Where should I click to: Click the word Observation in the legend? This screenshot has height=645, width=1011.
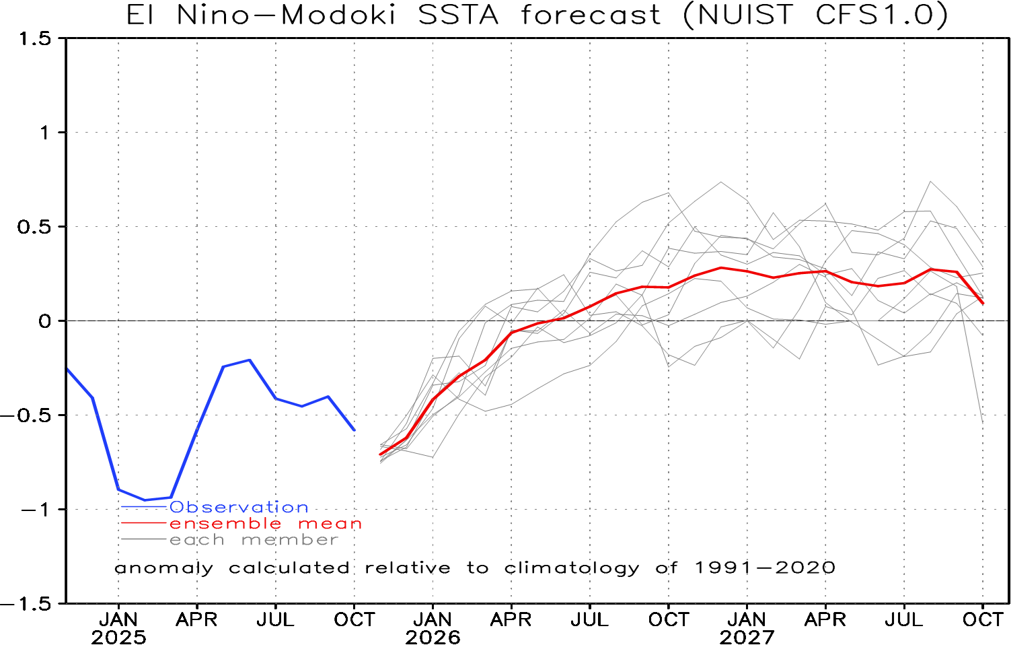point(239,507)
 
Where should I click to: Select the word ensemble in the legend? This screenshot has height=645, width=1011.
point(225,524)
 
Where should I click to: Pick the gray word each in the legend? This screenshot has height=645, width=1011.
point(197,540)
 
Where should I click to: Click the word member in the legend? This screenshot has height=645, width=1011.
point(290,540)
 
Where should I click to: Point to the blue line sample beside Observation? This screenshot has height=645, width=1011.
point(143,506)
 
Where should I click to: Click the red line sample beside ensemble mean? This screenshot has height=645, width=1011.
point(143,523)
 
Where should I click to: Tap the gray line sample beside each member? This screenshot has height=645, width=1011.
point(143,539)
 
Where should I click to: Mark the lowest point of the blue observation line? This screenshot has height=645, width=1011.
point(145,500)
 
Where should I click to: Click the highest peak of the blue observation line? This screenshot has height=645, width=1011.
point(250,360)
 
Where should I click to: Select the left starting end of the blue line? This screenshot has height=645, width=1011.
point(67,369)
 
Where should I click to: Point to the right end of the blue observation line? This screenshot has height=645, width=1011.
point(354,430)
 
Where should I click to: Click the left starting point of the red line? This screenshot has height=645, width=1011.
point(381,455)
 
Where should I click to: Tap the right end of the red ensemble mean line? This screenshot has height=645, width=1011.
point(983,303)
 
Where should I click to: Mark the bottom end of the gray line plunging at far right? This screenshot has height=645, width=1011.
point(983,422)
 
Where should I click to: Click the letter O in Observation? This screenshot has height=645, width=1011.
point(176,507)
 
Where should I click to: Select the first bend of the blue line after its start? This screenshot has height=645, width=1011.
point(93,398)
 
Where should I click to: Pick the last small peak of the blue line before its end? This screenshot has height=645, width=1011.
point(328,397)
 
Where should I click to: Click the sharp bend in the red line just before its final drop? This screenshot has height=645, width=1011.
point(958,272)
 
